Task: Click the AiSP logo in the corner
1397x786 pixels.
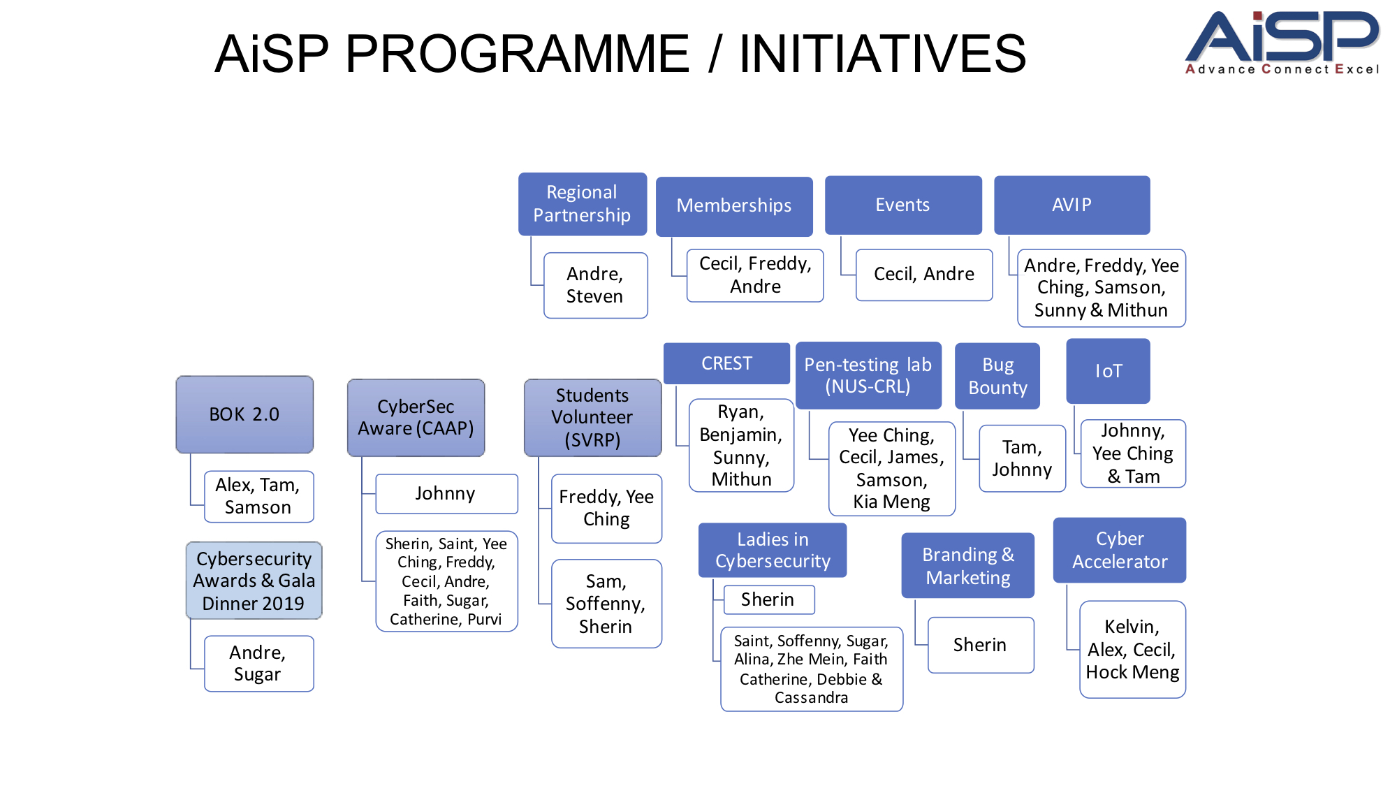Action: (x=1282, y=42)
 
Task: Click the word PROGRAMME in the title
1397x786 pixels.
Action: (x=517, y=54)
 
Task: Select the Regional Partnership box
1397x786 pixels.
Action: (x=582, y=204)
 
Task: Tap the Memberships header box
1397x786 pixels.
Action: (x=733, y=206)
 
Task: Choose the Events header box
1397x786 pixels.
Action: (x=902, y=205)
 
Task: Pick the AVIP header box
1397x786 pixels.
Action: (x=1071, y=205)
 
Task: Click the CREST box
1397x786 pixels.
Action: (x=726, y=363)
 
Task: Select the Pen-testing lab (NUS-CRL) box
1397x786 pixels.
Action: (x=868, y=375)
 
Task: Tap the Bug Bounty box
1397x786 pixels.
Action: (x=997, y=376)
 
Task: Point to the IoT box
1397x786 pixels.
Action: (x=1108, y=371)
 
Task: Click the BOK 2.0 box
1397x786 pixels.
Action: (x=244, y=414)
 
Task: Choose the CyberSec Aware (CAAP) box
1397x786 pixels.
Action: (x=416, y=417)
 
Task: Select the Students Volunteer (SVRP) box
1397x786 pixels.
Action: (x=592, y=417)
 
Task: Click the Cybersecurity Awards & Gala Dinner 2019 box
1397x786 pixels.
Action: (x=254, y=581)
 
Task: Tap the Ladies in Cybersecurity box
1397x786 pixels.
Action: (x=773, y=550)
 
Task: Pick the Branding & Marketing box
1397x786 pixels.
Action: (x=967, y=566)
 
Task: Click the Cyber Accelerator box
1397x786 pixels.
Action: (x=1119, y=550)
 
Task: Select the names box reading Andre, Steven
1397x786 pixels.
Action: (x=595, y=285)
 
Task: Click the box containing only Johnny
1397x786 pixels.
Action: (x=446, y=493)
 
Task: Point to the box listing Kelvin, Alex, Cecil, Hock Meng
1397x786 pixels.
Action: (x=1132, y=649)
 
